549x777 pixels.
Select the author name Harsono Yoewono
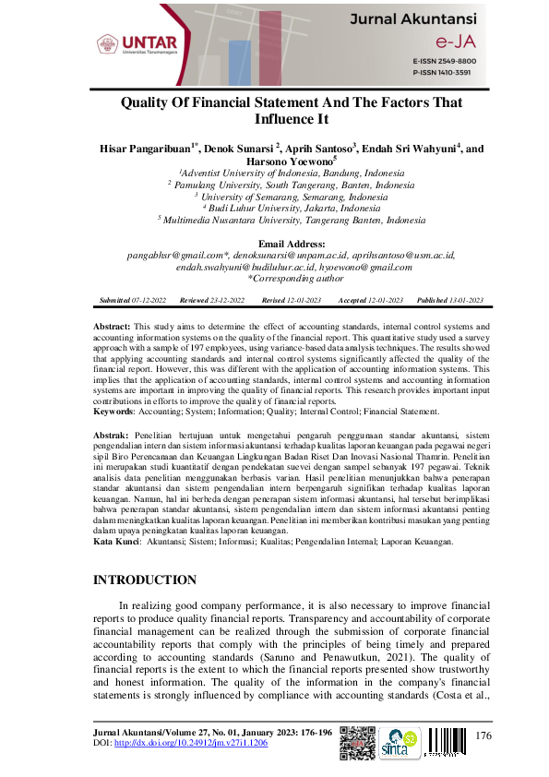(x=271, y=161)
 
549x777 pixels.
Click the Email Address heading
(x=273, y=244)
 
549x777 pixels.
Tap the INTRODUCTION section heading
(x=146, y=580)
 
